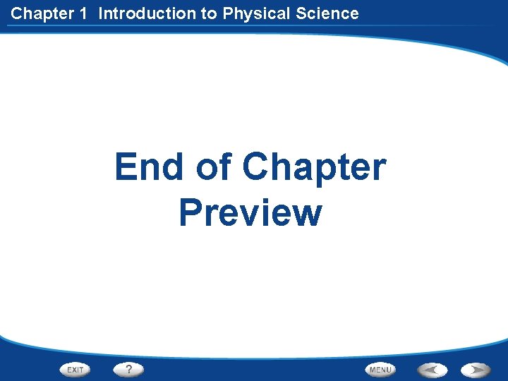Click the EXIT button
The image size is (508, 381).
pos(75,369)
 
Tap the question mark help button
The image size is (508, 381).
pos(128,369)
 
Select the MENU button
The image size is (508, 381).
pos(380,369)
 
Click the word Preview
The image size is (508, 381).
pos(250,212)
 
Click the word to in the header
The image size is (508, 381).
pos(210,13)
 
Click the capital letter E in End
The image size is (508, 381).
pos(127,168)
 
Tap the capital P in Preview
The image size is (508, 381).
pos(192,212)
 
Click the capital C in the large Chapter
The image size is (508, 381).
pos(257,168)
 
